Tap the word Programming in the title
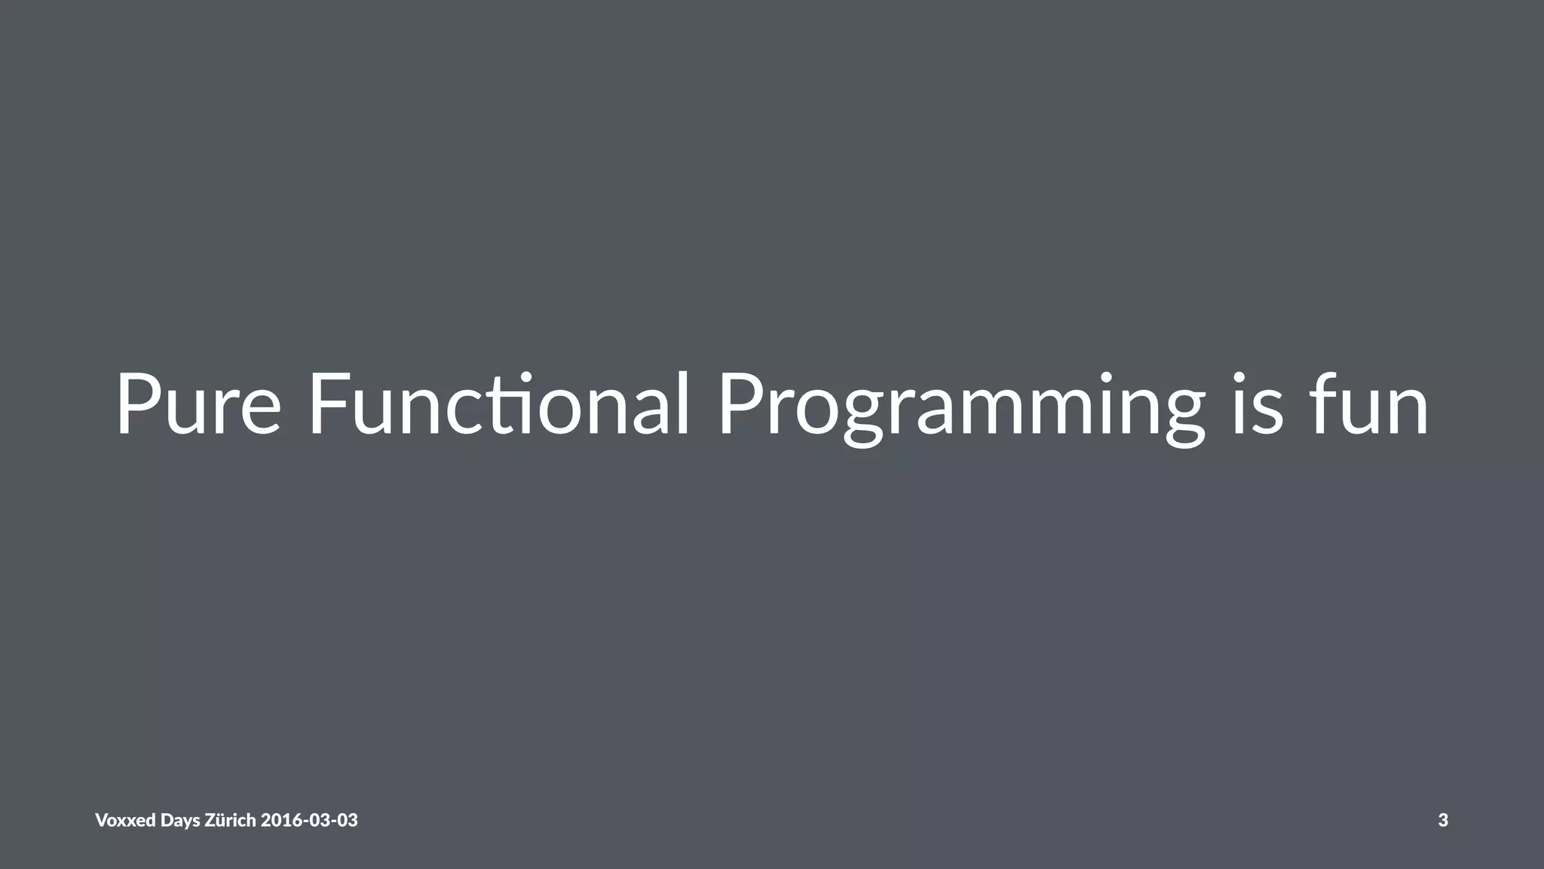[x=961, y=407]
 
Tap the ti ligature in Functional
[x=513, y=405]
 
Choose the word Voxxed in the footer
[x=125, y=820]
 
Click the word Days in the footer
[x=180, y=821]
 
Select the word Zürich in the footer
[x=230, y=820]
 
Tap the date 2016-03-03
[x=309, y=820]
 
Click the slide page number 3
[x=1443, y=820]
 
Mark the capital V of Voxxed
[x=102, y=820]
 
